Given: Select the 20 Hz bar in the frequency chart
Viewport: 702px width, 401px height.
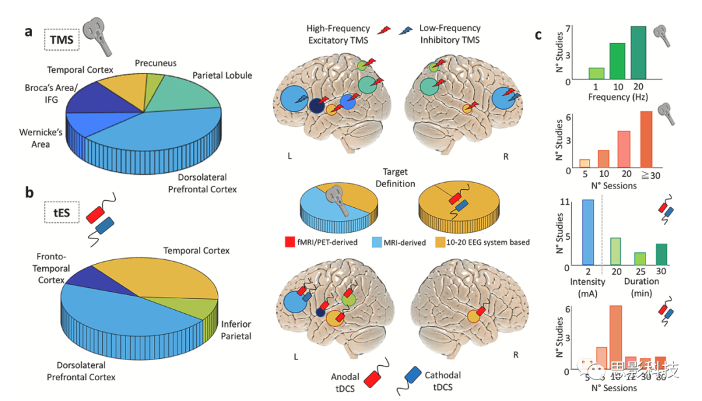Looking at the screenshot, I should coord(638,53).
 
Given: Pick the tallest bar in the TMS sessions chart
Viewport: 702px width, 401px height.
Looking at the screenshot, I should coord(646,139).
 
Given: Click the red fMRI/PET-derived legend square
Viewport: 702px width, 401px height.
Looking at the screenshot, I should coord(291,242).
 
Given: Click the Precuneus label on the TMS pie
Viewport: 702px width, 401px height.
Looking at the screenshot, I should coord(155,63).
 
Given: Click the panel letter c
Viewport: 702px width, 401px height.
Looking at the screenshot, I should coord(538,35).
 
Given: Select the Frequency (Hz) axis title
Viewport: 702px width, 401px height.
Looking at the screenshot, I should coord(617,97).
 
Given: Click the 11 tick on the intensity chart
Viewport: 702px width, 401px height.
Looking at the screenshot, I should coord(565,201).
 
